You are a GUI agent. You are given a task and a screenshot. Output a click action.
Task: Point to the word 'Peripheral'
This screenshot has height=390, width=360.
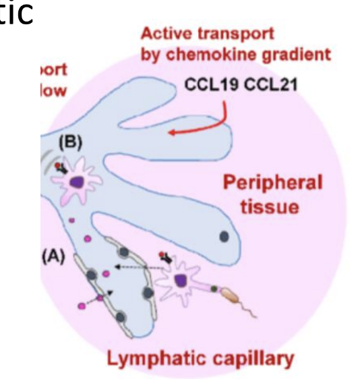coord(272,183)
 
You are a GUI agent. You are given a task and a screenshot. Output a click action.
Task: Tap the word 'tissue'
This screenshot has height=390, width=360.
coord(272,206)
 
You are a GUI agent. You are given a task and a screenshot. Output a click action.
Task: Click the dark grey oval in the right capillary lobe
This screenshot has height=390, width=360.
coord(224,237)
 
